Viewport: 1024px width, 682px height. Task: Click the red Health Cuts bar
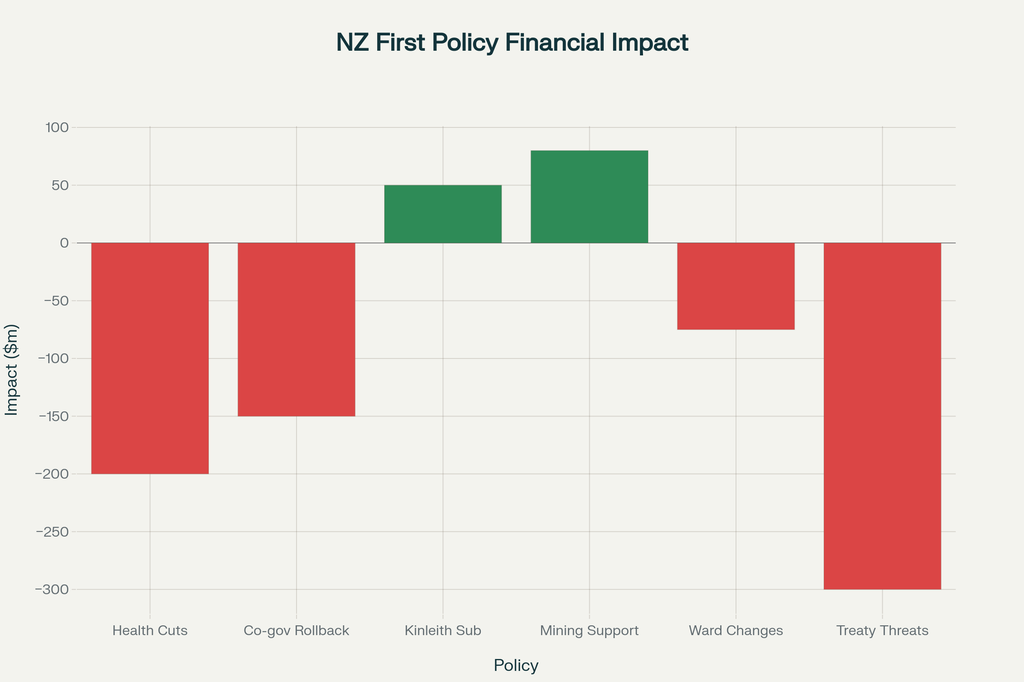click(x=150, y=358)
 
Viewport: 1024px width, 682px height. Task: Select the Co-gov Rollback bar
click(x=296, y=329)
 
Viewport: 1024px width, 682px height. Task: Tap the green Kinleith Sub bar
click(x=443, y=214)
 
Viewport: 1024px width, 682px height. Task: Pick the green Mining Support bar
click(x=589, y=197)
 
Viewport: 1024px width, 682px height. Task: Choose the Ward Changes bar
click(x=736, y=286)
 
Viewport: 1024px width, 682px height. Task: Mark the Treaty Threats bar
click(x=882, y=416)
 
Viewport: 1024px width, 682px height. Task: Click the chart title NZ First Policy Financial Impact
click(x=512, y=43)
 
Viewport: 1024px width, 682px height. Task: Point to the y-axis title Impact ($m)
click(x=12, y=370)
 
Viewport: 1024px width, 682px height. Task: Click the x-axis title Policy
click(x=516, y=665)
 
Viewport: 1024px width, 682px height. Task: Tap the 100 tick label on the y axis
click(x=57, y=127)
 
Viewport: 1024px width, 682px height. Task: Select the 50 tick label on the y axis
click(x=60, y=185)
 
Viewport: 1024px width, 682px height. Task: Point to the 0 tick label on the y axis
click(x=64, y=243)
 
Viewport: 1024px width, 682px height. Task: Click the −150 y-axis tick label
click(x=54, y=416)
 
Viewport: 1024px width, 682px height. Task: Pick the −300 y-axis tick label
click(x=52, y=590)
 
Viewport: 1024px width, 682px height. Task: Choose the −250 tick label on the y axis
click(x=52, y=532)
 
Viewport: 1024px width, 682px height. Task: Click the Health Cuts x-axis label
click(x=150, y=631)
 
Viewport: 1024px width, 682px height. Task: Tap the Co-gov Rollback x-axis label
click(x=296, y=631)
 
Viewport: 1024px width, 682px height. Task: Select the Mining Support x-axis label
click(x=589, y=631)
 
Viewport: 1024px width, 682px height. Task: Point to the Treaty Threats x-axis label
click(x=882, y=631)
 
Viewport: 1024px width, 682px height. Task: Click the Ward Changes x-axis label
click(x=736, y=631)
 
